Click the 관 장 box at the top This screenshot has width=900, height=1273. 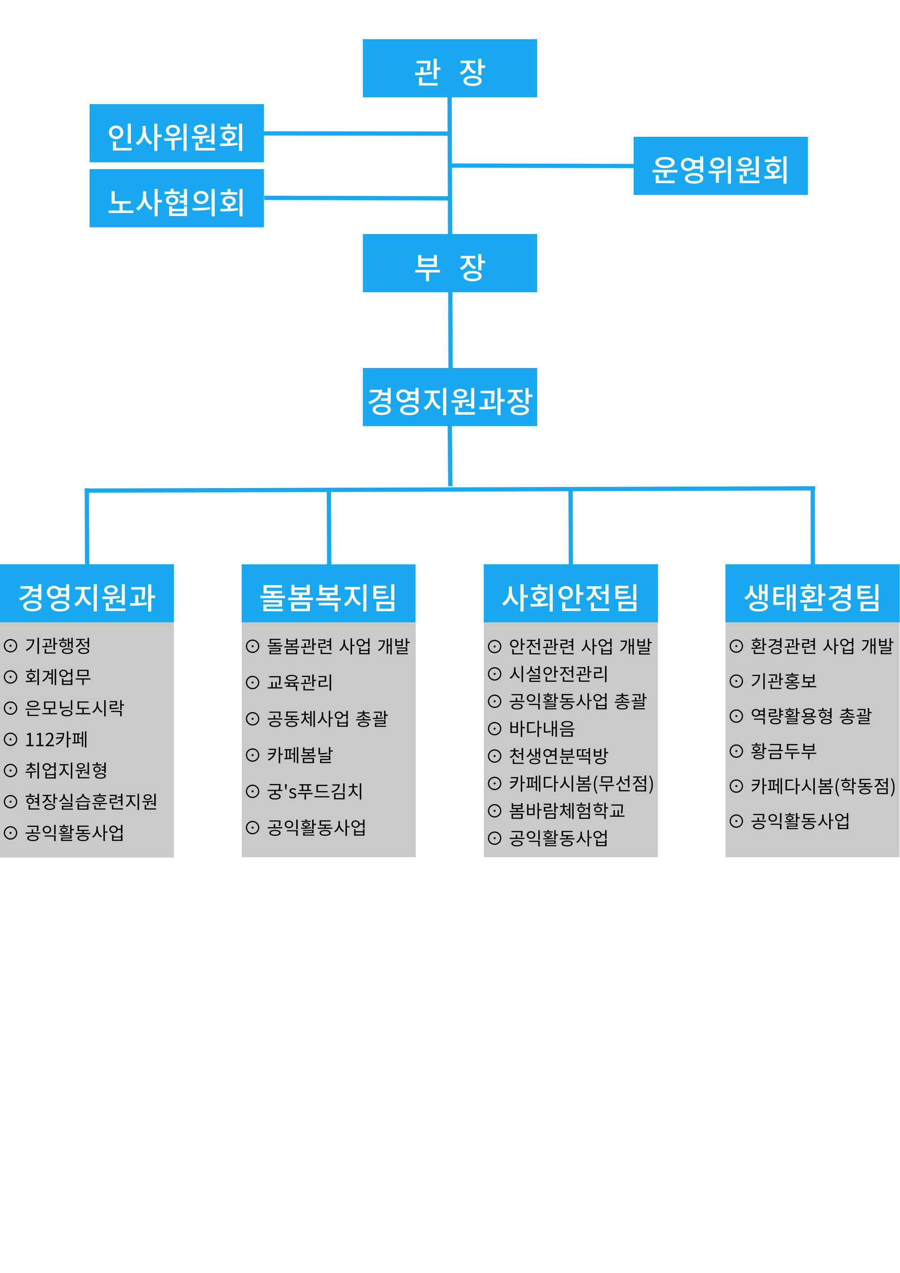tap(449, 68)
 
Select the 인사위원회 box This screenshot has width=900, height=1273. tap(176, 133)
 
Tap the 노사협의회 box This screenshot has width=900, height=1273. tap(176, 198)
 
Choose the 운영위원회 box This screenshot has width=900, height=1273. tap(720, 166)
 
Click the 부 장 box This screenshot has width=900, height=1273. tap(449, 263)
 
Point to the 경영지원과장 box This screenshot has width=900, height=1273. tap(449, 397)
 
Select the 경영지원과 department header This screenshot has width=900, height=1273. tap(87, 593)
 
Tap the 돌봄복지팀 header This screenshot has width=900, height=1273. tap(328, 593)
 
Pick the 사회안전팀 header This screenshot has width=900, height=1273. tap(570, 593)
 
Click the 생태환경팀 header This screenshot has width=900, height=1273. tap(812, 593)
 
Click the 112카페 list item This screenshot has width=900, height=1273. tap(56, 739)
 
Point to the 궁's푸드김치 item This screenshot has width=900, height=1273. tap(315, 791)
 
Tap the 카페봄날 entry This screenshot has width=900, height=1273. tap(300, 755)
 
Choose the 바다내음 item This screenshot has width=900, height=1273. tap(542, 728)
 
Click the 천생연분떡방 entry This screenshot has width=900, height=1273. tap(558, 756)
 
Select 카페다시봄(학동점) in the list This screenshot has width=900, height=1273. tap(822, 786)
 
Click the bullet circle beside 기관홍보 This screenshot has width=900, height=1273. tap(736, 681)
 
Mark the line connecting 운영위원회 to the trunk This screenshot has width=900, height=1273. tap(542, 165)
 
